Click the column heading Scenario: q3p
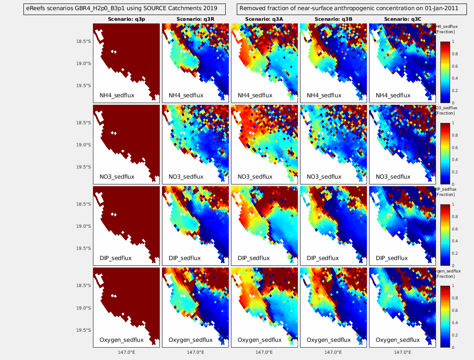[x=126, y=19]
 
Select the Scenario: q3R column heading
[x=195, y=19]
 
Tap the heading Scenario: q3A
[x=264, y=19]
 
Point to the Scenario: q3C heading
[x=402, y=19]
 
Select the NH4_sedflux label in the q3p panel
[x=117, y=95]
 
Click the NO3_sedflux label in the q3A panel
[x=255, y=176]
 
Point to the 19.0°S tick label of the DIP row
[x=83, y=226]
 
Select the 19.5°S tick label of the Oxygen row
[x=83, y=330]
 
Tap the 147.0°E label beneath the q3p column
[x=126, y=352]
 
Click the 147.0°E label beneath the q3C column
[x=402, y=352]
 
